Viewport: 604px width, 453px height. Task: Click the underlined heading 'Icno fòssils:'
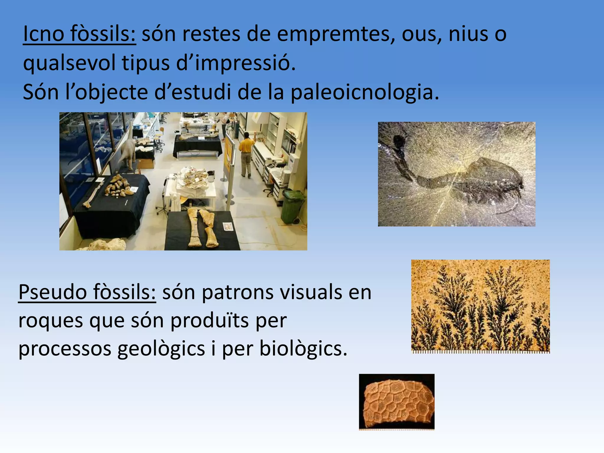tap(79, 34)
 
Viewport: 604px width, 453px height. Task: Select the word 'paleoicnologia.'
tap(365, 92)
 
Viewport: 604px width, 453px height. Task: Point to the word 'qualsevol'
tap(69, 63)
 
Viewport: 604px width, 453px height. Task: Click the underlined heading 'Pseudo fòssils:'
tap(87, 292)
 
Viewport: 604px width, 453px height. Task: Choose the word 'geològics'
tap(161, 349)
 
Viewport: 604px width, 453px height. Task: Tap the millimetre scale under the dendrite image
tap(480, 352)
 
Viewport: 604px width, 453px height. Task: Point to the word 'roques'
tap(50, 321)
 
